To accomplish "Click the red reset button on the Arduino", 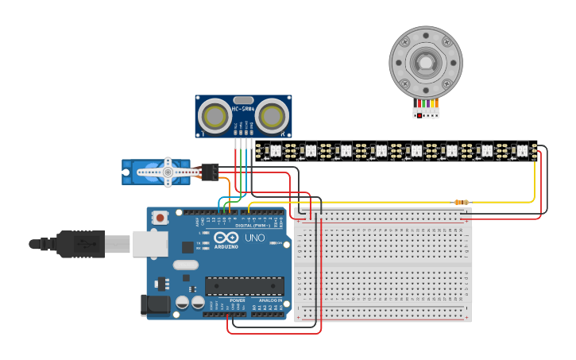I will click(x=160, y=217).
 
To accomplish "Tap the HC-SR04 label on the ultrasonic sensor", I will click(x=243, y=109).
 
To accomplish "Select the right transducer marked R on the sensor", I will click(x=272, y=117).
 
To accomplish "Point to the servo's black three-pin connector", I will click(x=211, y=171).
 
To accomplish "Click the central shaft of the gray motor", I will click(x=425, y=62).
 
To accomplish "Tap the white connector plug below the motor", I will click(x=426, y=113).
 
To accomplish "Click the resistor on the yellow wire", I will click(x=461, y=202).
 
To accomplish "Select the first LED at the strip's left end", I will click(x=276, y=150).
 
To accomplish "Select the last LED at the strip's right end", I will click(x=522, y=150).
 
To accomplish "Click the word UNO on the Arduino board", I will click(x=253, y=238).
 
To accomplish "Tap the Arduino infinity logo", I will click(x=225, y=238).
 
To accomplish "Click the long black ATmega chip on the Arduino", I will click(x=244, y=285).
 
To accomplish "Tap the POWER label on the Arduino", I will click(x=237, y=300).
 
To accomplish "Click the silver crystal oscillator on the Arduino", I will click(x=184, y=265).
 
